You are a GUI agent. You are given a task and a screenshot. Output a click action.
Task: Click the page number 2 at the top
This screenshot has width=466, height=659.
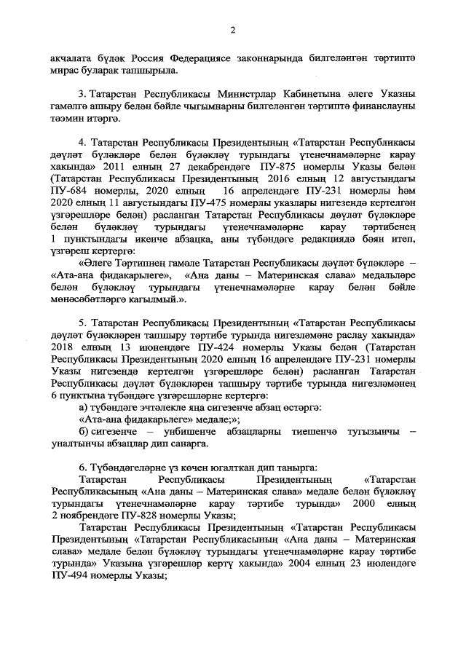point(233,30)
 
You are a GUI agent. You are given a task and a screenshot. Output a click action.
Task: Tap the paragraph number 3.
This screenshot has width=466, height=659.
point(81,96)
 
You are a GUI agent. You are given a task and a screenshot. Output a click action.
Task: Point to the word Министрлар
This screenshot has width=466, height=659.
point(229,96)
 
